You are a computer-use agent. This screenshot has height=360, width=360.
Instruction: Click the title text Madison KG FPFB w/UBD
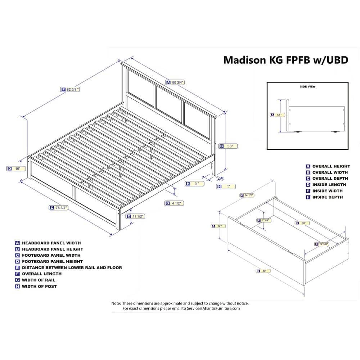tap(285, 60)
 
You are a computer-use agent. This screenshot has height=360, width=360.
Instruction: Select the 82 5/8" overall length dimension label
tap(70, 89)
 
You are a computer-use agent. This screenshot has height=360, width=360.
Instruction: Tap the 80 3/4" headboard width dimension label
tap(175, 82)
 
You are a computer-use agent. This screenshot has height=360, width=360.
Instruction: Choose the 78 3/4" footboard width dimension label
tap(59, 207)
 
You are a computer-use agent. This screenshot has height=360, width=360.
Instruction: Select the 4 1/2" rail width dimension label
tap(175, 203)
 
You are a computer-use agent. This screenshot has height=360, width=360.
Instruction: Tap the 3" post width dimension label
tap(195, 184)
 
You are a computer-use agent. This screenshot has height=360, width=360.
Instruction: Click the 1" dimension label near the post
tap(226, 186)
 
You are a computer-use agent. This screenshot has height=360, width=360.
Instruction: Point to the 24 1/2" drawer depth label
tap(247, 195)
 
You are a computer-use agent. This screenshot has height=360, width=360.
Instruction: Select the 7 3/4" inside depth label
tap(264, 220)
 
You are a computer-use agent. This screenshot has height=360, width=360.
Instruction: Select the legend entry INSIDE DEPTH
tap(327, 197)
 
